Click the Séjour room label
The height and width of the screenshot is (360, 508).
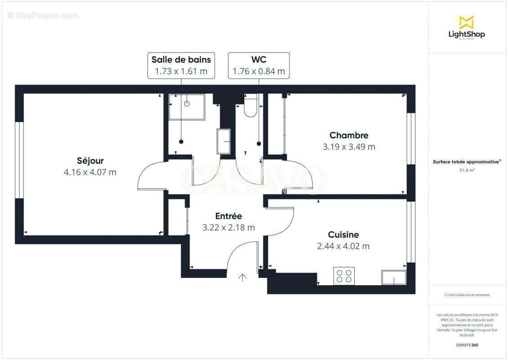point(90,161)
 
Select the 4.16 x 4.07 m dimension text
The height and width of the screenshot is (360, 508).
point(90,172)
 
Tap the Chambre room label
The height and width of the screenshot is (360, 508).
point(349,135)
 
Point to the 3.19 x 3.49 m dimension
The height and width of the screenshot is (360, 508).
point(349,147)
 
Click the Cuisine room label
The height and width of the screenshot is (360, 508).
point(343,234)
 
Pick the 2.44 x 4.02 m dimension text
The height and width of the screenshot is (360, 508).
point(343,246)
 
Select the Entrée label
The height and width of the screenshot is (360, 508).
point(228,216)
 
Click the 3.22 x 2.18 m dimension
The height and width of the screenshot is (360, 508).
point(228,228)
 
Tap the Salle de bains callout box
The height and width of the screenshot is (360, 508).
point(181,65)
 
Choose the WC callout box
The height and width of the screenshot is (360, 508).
point(258,65)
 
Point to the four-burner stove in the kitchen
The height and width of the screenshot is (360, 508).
point(344,276)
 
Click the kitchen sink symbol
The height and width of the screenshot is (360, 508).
point(394,278)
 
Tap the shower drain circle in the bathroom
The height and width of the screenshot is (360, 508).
point(187,103)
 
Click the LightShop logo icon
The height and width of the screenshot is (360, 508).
point(466,22)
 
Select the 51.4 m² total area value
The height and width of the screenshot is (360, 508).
point(467,171)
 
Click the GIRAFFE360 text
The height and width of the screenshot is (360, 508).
point(467,345)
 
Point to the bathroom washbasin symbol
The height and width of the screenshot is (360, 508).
point(224,141)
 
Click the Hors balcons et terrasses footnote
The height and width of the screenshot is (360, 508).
point(467,295)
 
